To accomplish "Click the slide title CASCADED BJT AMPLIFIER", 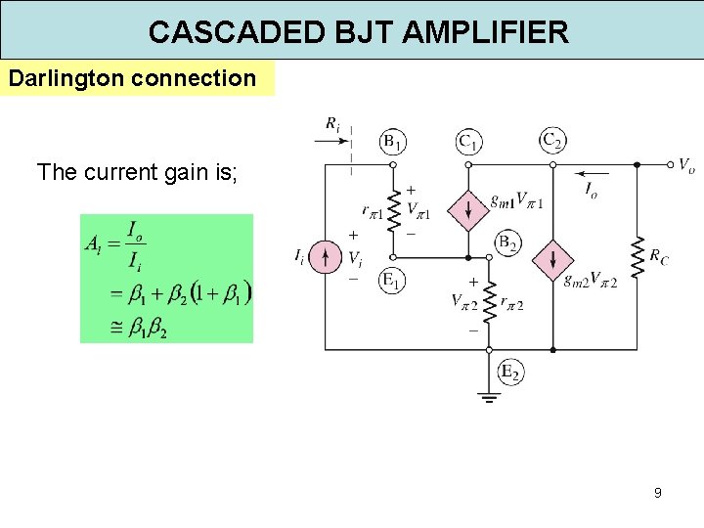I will [358, 32].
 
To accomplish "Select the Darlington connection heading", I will [131, 78].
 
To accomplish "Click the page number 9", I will [658, 493].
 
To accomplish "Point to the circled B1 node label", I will [393, 143].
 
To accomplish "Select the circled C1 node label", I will [468, 143].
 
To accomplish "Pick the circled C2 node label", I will [552, 141].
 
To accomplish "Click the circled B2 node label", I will [506, 242].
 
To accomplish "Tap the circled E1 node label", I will [391, 282].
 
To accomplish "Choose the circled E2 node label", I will [509, 371].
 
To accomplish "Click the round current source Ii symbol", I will [326, 257].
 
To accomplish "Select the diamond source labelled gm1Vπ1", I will [467, 208].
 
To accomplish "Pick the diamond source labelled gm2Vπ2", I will [552, 259].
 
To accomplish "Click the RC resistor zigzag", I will [637, 257].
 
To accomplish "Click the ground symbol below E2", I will [489, 397].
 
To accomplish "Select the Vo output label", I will [686, 165].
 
